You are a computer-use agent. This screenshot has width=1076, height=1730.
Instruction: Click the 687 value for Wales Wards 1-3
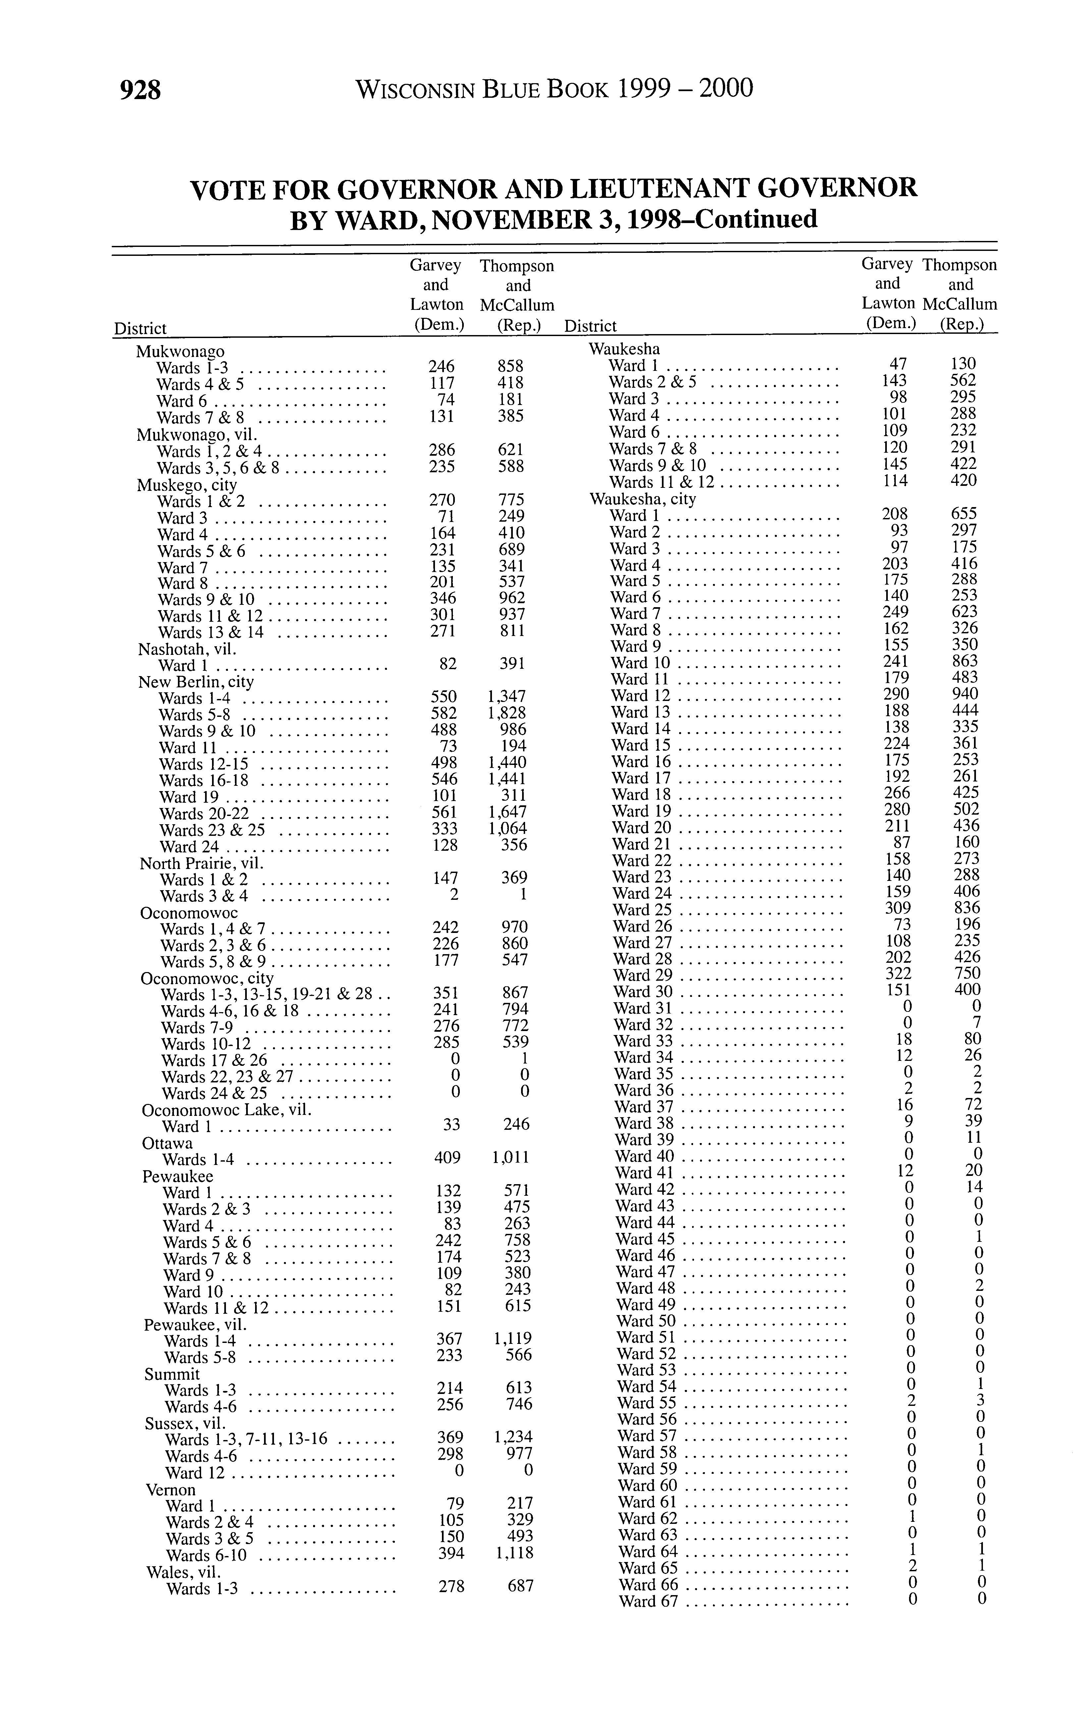tap(520, 1586)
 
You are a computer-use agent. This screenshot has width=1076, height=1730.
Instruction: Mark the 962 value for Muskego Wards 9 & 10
tap(511, 599)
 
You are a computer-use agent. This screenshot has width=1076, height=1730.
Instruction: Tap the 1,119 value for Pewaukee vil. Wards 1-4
tap(513, 1339)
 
